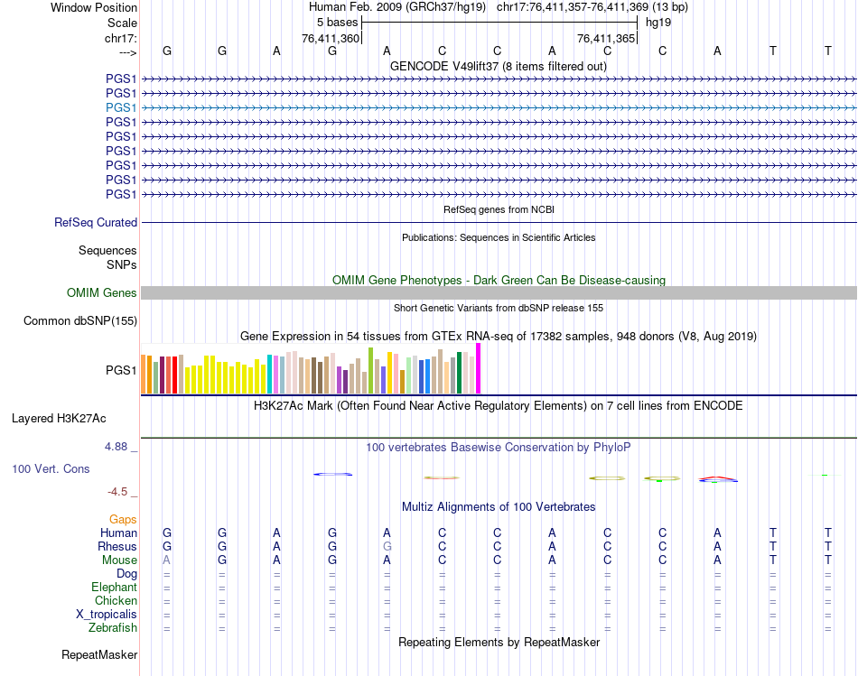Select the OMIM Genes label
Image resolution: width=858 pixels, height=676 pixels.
[102, 292]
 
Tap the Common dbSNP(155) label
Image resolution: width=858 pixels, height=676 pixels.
[80, 320]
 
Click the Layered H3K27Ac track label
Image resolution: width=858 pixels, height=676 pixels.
[59, 418]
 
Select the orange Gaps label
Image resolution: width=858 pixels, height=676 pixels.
[123, 519]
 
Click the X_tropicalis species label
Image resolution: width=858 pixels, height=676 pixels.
[107, 614]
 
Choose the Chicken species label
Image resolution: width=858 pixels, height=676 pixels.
[116, 600]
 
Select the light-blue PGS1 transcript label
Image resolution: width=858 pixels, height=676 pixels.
[121, 107]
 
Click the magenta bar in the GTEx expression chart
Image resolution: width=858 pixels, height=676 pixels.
[479, 368]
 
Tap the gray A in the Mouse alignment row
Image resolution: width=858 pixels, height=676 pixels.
[167, 560]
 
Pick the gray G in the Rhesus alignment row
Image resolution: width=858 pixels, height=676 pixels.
[387, 546]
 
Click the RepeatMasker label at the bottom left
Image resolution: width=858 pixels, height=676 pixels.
[99, 654]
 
